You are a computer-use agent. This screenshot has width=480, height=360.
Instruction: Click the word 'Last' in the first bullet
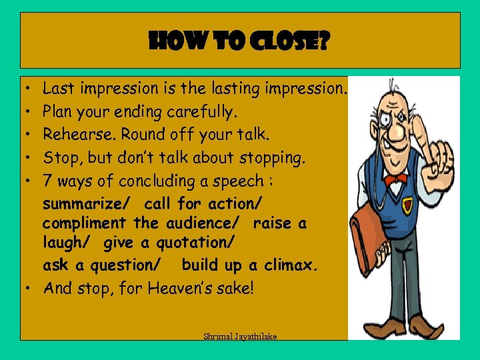[57, 88]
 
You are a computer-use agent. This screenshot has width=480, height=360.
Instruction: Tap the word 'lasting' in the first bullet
[235, 88]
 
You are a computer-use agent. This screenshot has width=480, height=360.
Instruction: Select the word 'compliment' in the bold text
[84, 223]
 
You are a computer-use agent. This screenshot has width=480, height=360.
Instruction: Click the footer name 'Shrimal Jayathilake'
[240, 336]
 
